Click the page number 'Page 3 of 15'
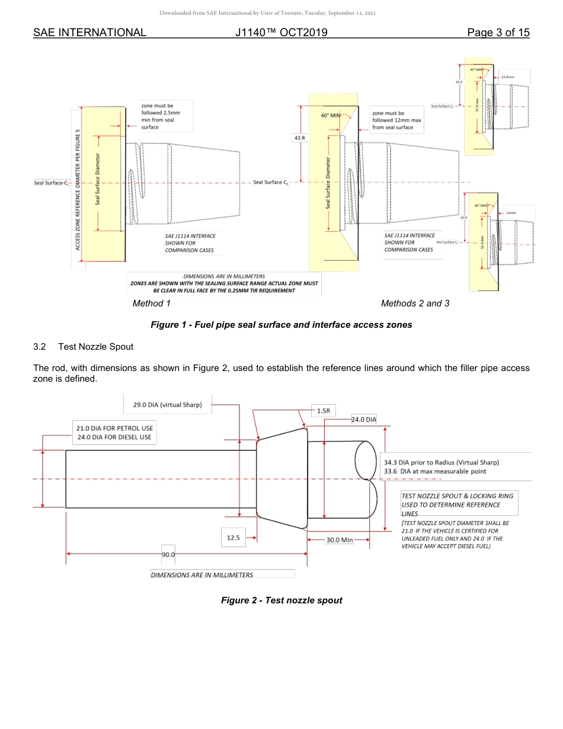click(x=498, y=33)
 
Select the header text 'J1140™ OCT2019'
click(x=281, y=33)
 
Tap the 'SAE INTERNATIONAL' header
click(x=89, y=33)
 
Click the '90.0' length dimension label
click(x=168, y=555)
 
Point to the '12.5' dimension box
click(x=233, y=538)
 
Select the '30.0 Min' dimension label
click(x=339, y=540)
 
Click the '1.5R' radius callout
click(x=323, y=410)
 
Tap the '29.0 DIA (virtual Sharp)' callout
click(x=167, y=405)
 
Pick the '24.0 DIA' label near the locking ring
click(x=364, y=420)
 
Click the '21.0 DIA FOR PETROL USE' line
click(x=115, y=428)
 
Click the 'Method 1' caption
click(x=151, y=303)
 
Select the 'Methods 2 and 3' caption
click(x=415, y=303)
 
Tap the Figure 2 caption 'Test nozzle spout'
click(x=281, y=600)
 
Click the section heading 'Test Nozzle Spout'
click(x=104, y=347)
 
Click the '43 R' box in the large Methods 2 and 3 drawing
click(x=299, y=138)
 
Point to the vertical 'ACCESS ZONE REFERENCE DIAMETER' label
click(x=78, y=188)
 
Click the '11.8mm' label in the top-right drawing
click(x=507, y=77)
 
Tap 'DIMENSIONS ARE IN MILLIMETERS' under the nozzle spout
click(x=201, y=575)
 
